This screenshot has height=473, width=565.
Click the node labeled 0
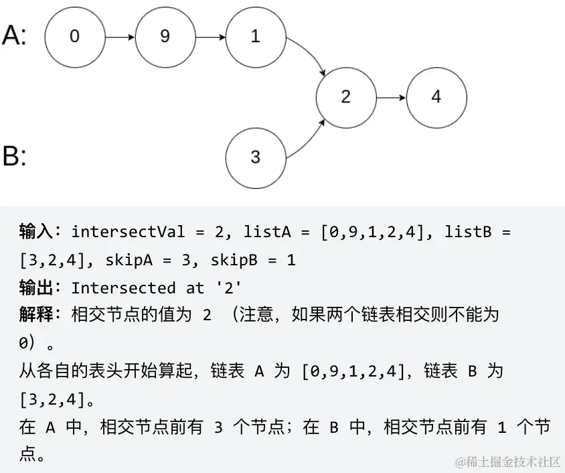[x=74, y=37]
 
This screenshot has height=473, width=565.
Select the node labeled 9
[x=165, y=37]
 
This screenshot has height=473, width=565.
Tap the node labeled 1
[x=255, y=37]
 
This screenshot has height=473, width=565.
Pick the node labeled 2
[x=345, y=97]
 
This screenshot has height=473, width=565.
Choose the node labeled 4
[x=436, y=97]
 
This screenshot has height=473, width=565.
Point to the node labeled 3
[x=255, y=157]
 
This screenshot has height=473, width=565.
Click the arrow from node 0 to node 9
[x=120, y=37]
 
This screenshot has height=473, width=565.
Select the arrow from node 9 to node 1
[x=210, y=37]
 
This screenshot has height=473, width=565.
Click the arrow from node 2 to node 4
[x=391, y=97]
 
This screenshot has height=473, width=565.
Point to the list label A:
[x=15, y=35]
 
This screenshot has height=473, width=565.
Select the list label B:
[x=15, y=157]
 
